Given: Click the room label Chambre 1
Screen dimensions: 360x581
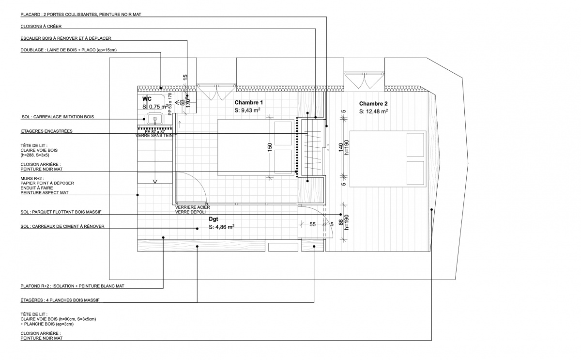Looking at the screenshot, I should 248,103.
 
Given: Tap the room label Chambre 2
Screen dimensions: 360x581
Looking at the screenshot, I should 373,104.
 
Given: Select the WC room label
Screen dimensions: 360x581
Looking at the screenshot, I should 147,99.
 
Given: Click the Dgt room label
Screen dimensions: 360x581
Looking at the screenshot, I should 214,219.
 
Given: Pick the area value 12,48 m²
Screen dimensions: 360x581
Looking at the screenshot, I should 374,111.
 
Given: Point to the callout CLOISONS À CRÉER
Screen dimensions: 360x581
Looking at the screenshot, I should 41,26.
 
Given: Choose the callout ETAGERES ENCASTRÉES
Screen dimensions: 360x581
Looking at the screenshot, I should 47,131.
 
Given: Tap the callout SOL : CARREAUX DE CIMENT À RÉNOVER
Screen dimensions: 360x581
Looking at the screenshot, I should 62,226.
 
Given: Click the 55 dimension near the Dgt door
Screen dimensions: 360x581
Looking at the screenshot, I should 312,224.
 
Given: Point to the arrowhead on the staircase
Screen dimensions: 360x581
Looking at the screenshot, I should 155,182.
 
